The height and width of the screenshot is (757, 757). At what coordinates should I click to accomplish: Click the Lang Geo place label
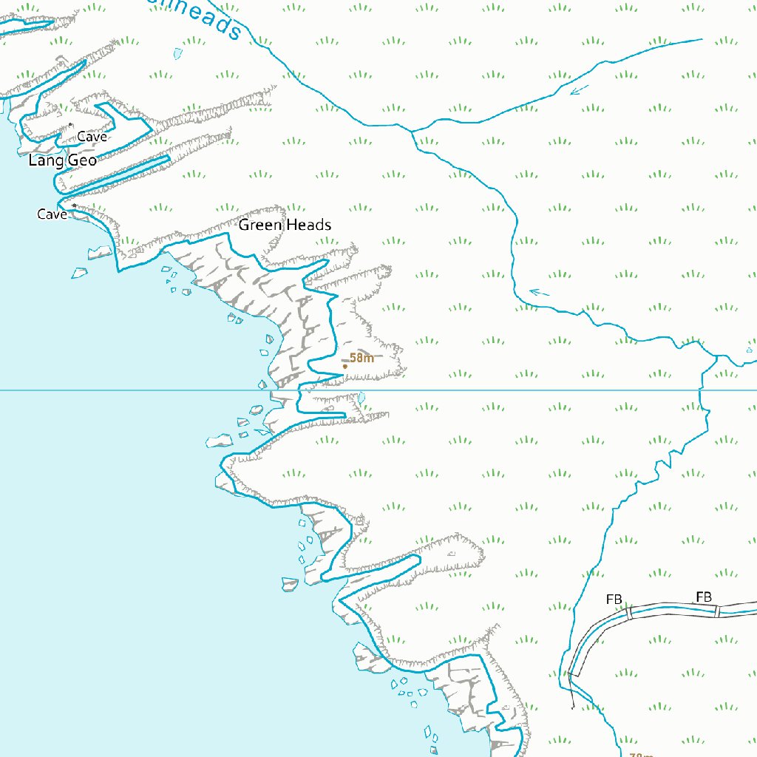click(x=63, y=160)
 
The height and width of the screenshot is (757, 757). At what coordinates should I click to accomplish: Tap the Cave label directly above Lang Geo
click(x=92, y=137)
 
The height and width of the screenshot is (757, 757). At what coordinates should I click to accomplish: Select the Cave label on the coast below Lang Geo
click(x=52, y=214)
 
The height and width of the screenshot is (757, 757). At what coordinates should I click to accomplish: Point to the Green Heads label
click(x=285, y=225)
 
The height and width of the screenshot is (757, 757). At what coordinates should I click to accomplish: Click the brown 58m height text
click(x=361, y=358)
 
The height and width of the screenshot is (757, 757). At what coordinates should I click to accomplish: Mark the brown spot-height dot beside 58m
click(x=344, y=366)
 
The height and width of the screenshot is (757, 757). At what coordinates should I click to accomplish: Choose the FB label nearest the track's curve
click(x=614, y=599)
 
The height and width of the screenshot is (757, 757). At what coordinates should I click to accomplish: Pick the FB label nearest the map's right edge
click(x=704, y=597)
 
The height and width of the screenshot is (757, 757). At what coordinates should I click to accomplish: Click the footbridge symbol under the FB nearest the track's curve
click(x=629, y=612)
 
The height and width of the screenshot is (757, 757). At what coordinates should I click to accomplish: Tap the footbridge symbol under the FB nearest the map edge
click(x=717, y=611)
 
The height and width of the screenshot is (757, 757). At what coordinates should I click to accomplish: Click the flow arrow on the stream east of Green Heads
click(x=540, y=293)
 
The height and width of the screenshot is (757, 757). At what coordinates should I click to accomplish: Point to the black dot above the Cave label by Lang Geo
click(x=71, y=124)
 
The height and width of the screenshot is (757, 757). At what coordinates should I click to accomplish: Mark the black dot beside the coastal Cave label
click(x=74, y=206)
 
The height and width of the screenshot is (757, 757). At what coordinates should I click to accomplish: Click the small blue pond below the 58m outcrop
click(x=361, y=398)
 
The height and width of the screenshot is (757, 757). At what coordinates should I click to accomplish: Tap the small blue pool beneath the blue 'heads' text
click(x=177, y=53)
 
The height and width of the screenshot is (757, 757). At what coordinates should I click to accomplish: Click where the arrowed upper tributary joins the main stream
click(x=411, y=132)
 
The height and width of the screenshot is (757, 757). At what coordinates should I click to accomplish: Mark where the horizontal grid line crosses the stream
click(x=701, y=390)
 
